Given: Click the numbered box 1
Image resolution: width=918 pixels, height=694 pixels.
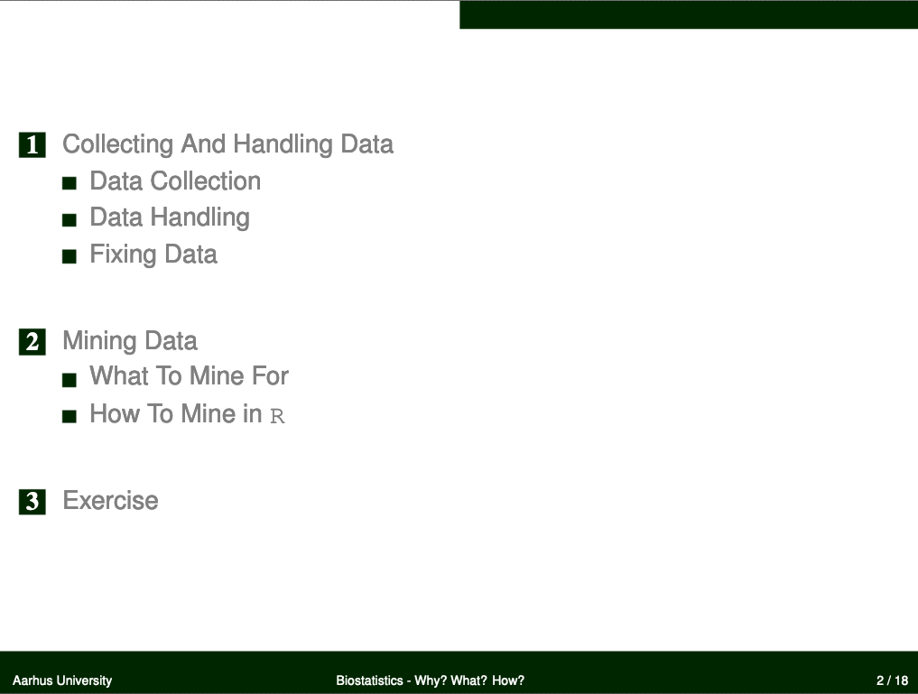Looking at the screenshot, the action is click(x=32, y=145).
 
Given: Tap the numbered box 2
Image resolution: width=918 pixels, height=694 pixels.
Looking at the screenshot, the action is click(x=32, y=342).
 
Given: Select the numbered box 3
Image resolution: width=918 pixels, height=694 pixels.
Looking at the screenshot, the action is click(x=32, y=502).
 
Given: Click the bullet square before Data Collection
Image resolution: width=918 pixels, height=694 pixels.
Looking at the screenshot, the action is click(x=70, y=184).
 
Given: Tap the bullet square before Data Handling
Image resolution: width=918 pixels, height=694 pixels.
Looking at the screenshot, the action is click(x=70, y=220).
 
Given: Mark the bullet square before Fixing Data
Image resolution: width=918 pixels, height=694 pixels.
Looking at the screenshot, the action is click(x=70, y=256).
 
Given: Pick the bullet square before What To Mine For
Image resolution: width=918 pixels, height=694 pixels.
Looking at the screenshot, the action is click(x=70, y=380).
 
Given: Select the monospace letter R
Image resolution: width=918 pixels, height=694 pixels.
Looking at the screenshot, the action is click(x=277, y=416).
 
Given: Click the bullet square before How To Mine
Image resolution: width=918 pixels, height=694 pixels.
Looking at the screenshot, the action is click(x=70, y=416).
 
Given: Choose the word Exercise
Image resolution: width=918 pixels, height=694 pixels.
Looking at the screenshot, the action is click(x=111, y=501).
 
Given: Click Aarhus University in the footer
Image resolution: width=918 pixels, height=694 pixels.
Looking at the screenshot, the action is click(x=62, y=680).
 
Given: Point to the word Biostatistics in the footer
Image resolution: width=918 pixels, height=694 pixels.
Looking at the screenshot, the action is click(x=369, y=680).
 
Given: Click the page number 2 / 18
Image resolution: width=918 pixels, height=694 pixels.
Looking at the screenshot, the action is click(x=892, y=680).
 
